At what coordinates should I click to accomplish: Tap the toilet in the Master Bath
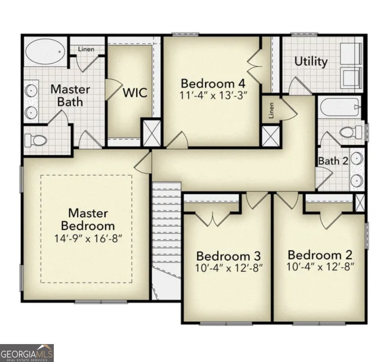(x=36, y=140)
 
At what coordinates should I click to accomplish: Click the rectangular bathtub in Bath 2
(x=339, y=107)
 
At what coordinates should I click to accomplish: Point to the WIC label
(x=135, y=93)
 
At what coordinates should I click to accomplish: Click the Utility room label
(x=311, y=61)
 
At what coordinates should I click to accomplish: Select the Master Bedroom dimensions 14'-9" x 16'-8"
(x=88, y=239)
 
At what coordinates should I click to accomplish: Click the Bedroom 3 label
(x=228, y=256)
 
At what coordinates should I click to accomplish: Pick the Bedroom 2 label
(x=320, y=255)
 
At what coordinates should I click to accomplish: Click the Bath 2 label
(x=333, y=161)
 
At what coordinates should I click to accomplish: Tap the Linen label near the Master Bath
(x=86, y=49)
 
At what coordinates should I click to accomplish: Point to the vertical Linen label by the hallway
(x=271, y=110)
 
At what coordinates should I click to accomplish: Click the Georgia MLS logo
(x=27, y=353)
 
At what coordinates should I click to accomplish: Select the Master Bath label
(x=70, y=96)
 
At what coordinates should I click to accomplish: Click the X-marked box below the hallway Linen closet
(x=270, y=136)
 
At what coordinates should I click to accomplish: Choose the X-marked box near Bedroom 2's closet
(x=360, y=203)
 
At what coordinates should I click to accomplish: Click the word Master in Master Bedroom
(x=88, y=213)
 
